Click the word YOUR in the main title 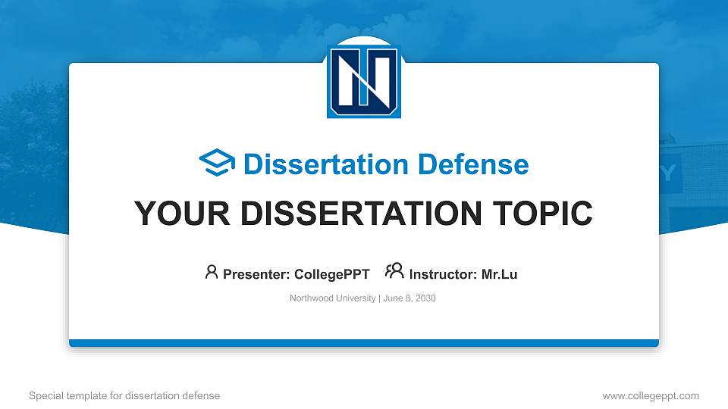pos(174,214)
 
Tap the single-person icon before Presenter pos(212,272)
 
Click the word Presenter pos(254,274)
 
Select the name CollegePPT pos(331,274)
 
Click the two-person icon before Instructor pos(394,272)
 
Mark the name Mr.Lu pos(499,274)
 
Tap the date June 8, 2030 pos(409,298)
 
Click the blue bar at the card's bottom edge pos(364,343)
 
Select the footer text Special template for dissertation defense pos(124,395)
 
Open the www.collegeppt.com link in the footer pos(651,395)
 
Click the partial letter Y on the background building pos(667,173)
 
